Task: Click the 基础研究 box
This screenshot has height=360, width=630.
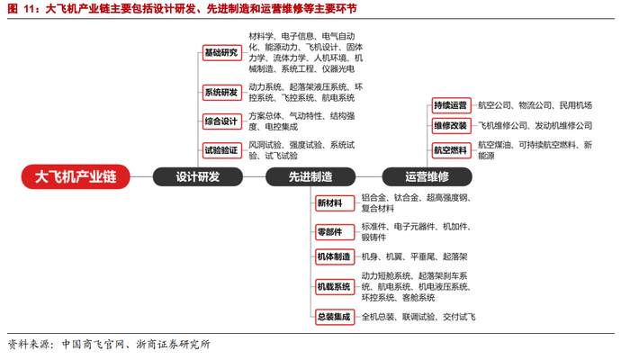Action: point(220,52)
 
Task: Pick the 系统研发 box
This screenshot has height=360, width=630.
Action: point(220,92)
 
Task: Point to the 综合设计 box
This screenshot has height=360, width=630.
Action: point(220,121)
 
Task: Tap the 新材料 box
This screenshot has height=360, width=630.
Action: point(330,203)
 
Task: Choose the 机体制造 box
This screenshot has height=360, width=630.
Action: point(334,256)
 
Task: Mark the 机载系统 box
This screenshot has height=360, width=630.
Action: point(334,286)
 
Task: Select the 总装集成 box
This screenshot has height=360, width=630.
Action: point(334,316)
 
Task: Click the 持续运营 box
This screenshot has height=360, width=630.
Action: point(450,104)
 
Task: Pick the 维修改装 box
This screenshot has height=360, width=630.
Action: point(450,125)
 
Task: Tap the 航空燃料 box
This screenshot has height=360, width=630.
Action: point(450,149)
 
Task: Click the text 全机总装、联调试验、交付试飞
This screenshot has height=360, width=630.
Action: point(418,317)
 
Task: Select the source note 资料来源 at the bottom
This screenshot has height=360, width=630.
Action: point(29,344)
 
